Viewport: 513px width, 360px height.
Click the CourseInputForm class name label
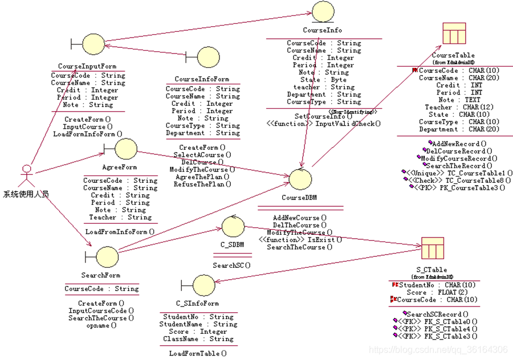click(87, 67)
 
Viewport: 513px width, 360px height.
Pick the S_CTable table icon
click(428, 248)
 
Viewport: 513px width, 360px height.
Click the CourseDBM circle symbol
click(300, 179)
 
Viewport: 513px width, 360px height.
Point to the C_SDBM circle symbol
click(233, 228)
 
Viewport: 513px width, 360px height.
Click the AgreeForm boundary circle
click(125, 149)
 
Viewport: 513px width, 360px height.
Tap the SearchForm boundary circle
click(107, 257)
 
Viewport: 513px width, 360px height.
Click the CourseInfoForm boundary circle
click(207, 57)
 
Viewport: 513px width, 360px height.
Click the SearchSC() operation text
click(232, 265)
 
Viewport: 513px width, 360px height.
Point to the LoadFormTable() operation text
click(198, 353)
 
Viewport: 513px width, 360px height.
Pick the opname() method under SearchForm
click(101, 325)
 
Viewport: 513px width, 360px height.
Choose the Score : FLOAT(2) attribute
click(438, 292)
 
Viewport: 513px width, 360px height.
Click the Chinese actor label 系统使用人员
click(26, 194)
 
